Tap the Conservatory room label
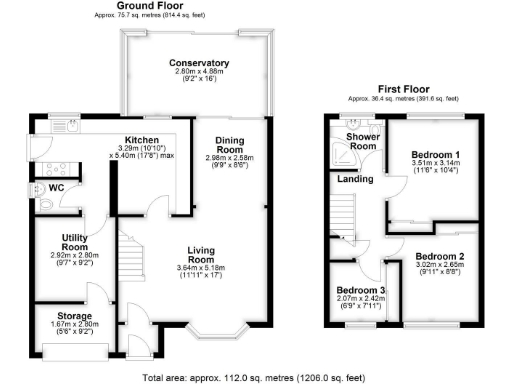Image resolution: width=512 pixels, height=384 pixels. point(199,64)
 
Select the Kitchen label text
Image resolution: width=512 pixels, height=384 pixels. point(142,139)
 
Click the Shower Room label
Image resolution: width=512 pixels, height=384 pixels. point(353,140)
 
